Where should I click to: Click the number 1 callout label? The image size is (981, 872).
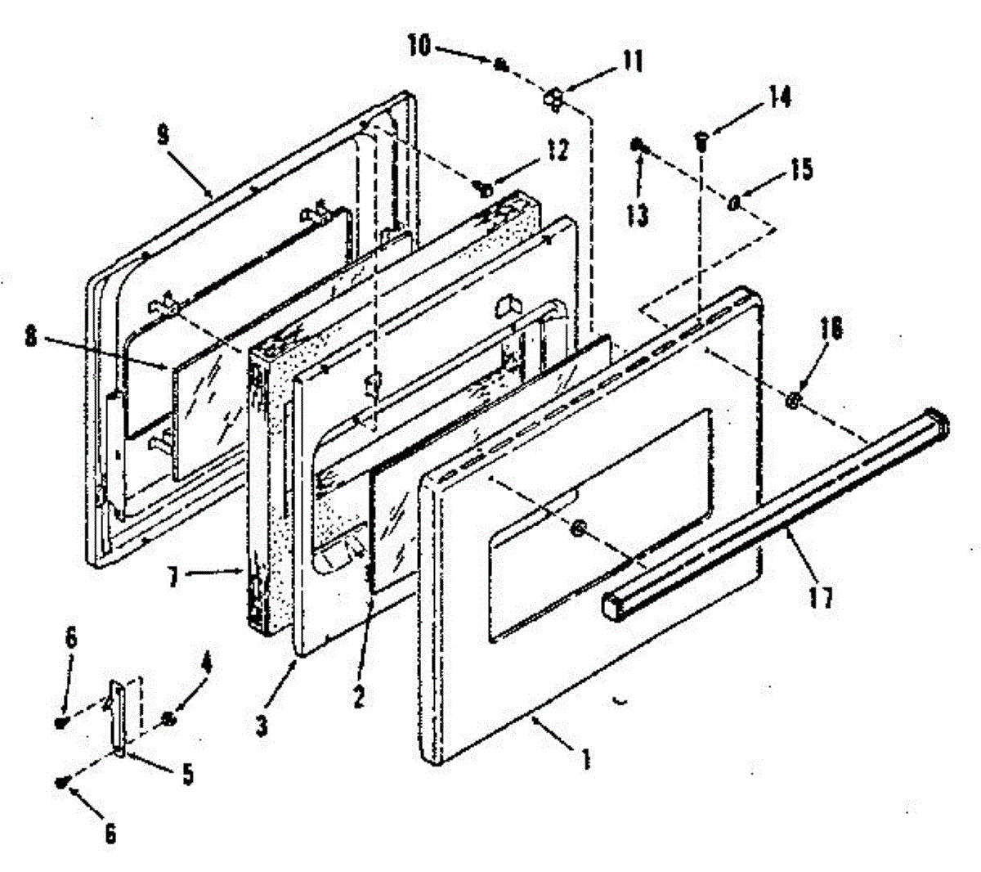[585, 760]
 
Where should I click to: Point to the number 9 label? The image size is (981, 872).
[163, 135]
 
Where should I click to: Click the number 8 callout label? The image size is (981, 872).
[31, 337]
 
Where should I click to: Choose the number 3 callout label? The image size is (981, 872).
[261, 726]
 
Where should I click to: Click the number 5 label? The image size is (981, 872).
[188, 774]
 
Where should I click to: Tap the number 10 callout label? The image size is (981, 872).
[419, 46]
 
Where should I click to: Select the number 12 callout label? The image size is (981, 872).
[558, 151]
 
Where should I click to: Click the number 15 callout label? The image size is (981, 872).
[802, 169]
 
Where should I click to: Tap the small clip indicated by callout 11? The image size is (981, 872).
[554, 98]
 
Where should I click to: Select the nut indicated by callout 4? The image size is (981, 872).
[167, 719]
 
